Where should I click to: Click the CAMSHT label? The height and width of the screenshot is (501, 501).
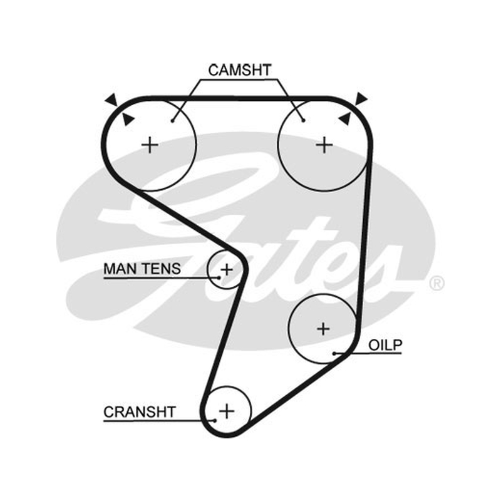point(240,70)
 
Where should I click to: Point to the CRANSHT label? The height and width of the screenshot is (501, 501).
point(140,412)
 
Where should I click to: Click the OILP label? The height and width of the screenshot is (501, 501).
point(385,345)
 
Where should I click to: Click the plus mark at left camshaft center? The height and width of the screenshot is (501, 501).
point(150,145)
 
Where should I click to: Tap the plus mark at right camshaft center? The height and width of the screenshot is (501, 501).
point(324,145)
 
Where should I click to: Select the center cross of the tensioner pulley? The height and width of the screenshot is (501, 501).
point(227,270)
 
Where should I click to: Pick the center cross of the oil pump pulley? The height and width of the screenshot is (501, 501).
point(323,329)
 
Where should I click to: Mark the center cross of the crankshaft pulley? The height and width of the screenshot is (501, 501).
point(227,411)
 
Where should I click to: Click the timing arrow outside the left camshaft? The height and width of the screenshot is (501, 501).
point(111,100)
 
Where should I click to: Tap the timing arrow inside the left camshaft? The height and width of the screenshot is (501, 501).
point(128,119)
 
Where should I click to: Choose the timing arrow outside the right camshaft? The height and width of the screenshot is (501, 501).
point(361,98)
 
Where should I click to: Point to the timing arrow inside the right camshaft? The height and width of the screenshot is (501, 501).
point(344,118)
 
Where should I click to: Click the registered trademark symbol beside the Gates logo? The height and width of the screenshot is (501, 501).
point(436,284)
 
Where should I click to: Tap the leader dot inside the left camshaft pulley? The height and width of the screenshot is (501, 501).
point(173,121)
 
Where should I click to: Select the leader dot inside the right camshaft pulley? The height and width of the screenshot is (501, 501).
point(304,120)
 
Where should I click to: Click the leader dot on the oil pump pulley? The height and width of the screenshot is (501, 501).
point(334,353)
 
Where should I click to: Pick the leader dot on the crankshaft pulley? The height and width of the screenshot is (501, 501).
point(215,420)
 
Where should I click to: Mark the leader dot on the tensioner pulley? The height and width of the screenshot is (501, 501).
point(219,277)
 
